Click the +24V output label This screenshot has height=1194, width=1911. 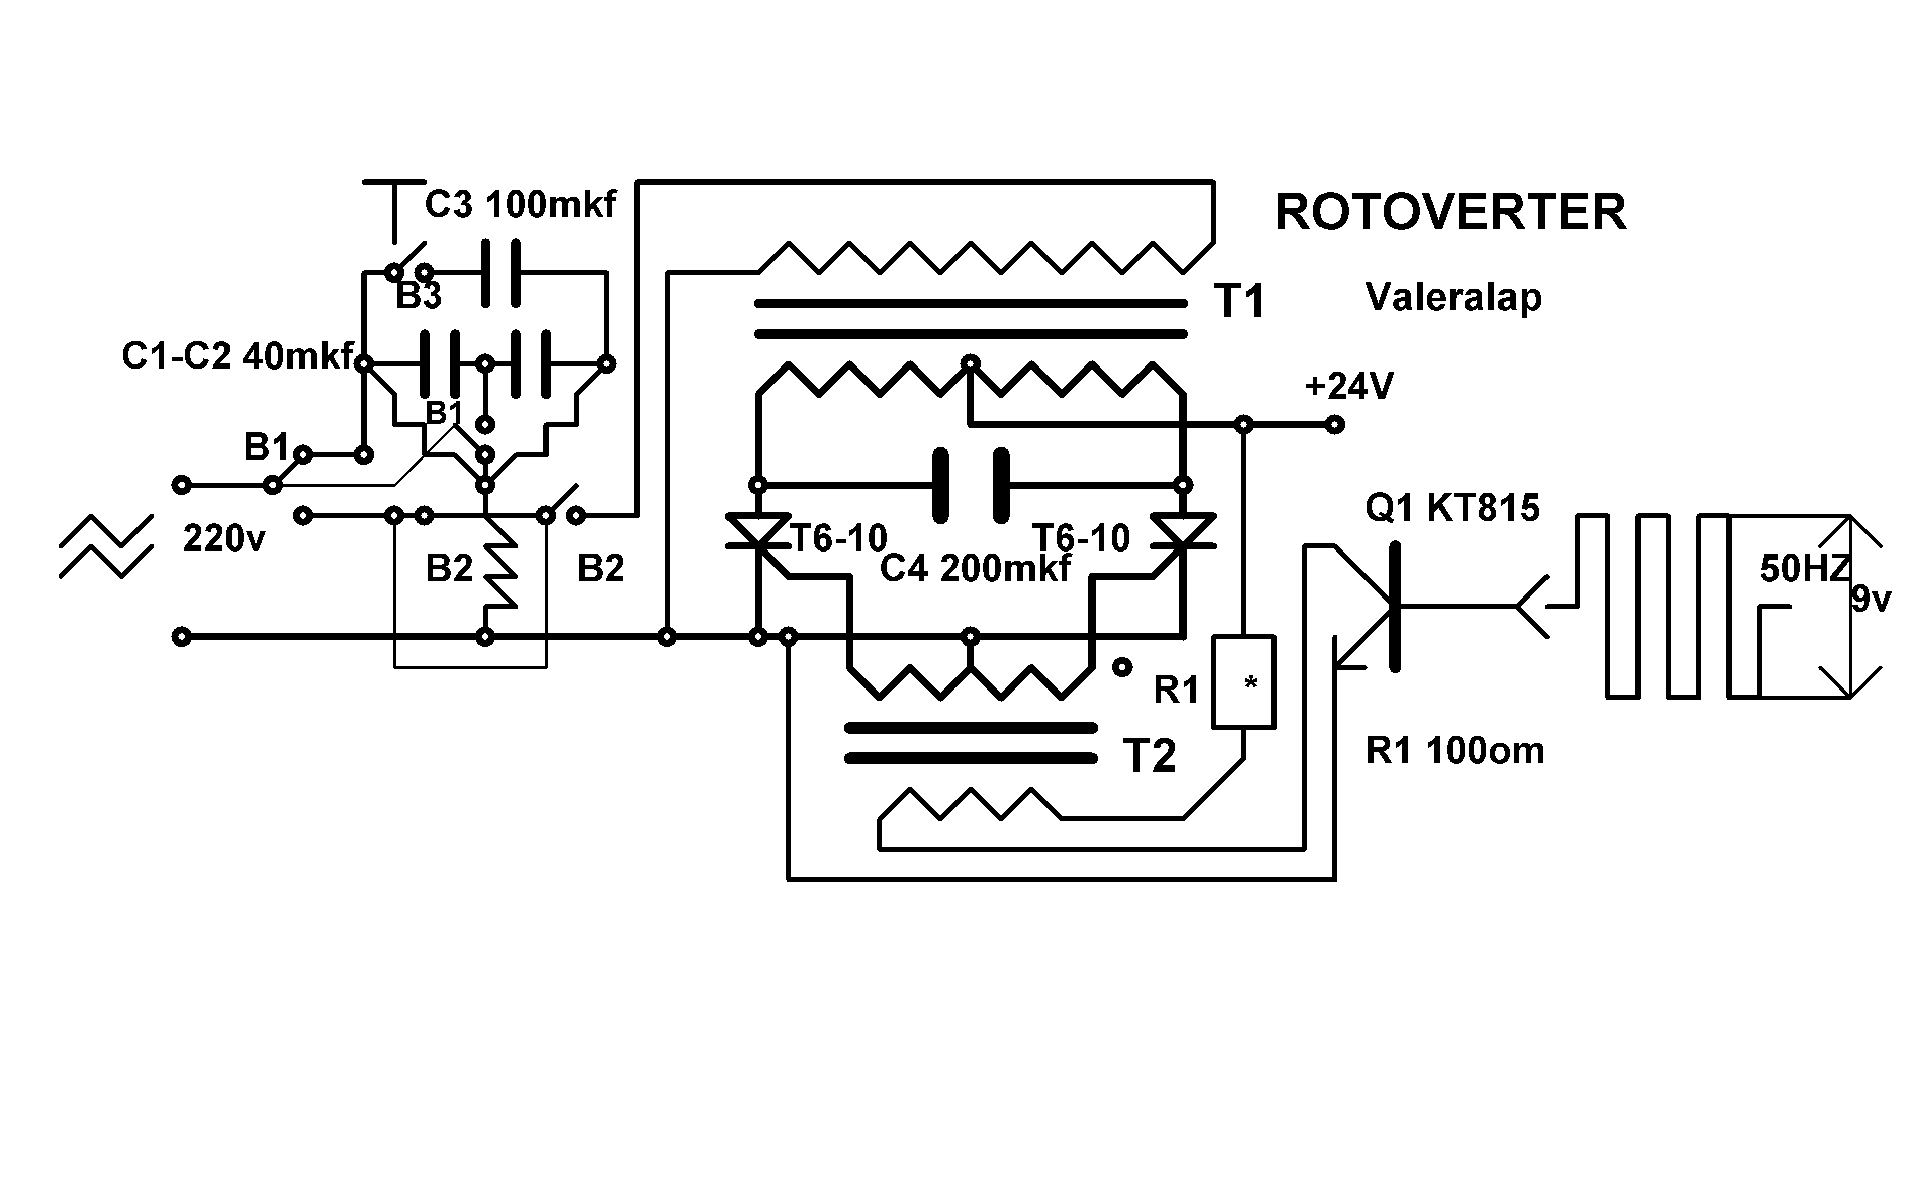pos(1349,387)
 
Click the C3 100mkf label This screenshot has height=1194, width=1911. pos(520,205)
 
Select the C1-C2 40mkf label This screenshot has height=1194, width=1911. pos(238,356)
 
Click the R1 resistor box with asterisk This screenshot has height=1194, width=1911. pos(1244,681)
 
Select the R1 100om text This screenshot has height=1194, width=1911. pos(1454,750)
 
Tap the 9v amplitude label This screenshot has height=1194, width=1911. pos(1872,600)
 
